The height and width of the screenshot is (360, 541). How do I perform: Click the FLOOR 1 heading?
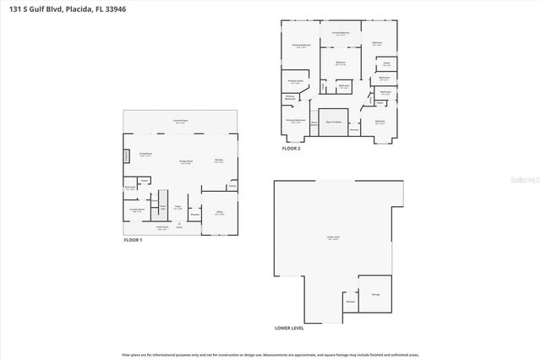[x=134, y=241]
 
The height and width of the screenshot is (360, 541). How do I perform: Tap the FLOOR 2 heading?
[x=291, y=148]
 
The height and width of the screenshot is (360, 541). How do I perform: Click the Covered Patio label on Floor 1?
[x=180, y=122]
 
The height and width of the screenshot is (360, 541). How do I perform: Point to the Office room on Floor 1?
[x=219, y=213]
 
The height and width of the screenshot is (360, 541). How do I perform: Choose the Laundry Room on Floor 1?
[x=136, y=210]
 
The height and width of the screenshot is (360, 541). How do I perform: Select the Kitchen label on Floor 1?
[x=218, y=160]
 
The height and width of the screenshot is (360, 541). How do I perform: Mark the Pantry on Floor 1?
[x=232, y=186]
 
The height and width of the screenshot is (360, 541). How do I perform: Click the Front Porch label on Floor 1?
[x=162, y=226]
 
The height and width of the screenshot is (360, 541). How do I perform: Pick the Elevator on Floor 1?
[x=194, y=215]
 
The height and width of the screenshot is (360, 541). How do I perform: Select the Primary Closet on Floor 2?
[x=296, y=82]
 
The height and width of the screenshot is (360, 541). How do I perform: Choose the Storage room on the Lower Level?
[x=375, y=294]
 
